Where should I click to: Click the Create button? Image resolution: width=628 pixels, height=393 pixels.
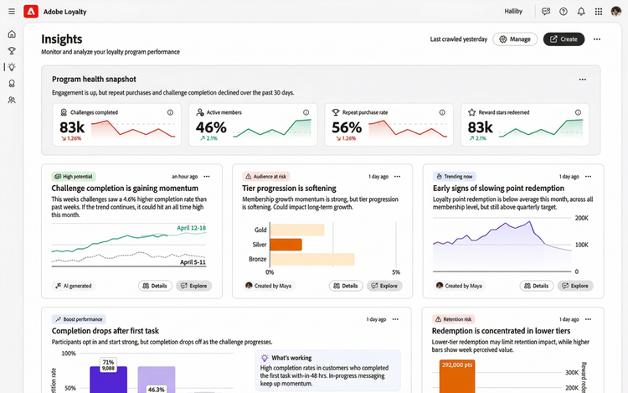point(564,39)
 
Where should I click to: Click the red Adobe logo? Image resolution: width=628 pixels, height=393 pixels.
point(31,12)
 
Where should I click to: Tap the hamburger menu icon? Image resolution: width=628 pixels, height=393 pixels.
point(12,12)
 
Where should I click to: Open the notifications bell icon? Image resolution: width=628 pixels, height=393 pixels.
point(581,12)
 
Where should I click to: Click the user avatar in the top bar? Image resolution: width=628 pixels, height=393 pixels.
point(615,12)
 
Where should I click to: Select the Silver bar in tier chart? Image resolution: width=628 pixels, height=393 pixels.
point(286,245)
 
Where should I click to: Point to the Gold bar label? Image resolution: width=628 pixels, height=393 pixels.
point(260,230)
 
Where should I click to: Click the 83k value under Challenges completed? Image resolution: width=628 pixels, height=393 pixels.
point(71,127)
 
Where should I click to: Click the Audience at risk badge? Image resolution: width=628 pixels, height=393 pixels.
point(265,177)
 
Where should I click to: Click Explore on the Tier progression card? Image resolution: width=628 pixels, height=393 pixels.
point(384,286)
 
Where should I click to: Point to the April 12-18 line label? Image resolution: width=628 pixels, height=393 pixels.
point(191,228)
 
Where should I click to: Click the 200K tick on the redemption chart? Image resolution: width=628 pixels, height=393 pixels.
point(581,217)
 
